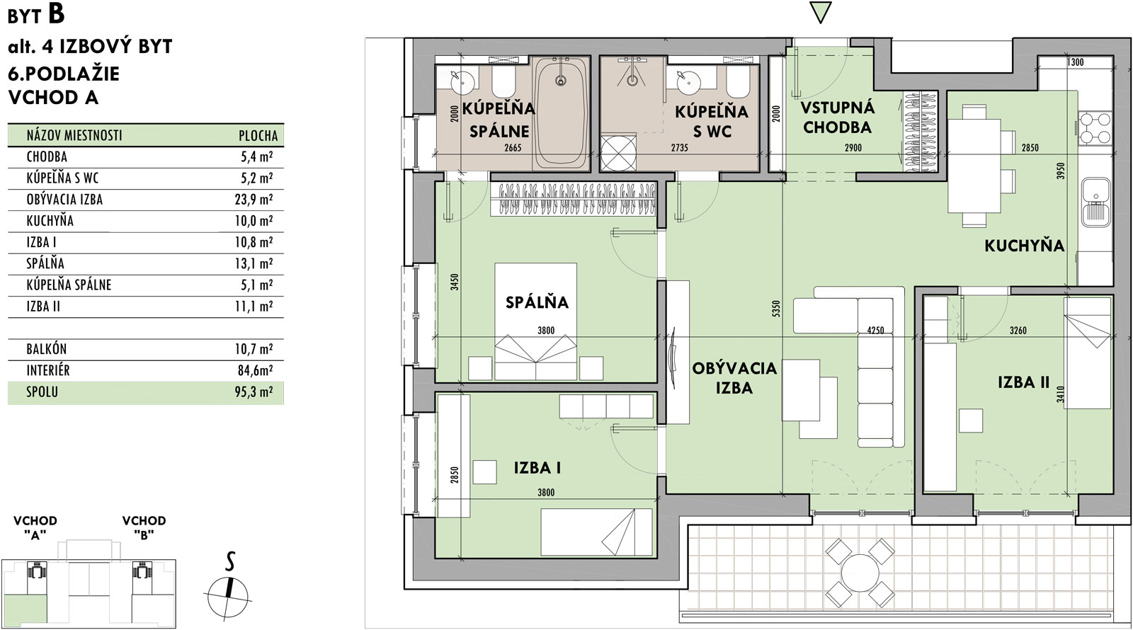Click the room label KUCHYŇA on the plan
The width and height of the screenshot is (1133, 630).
click(x=1024, y=246)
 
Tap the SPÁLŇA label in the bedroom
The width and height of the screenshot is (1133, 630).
click(x=537, y=302)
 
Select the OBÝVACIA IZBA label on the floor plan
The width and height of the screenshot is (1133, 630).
click(x=734, y=378)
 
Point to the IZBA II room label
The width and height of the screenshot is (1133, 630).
click(x=1024, y=382)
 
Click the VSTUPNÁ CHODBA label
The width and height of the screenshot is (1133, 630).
click(x=837, y=118)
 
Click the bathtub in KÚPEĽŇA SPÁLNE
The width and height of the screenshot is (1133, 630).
click(x=560, y=114)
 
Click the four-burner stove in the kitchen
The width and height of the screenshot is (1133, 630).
click(x=1095, y=128)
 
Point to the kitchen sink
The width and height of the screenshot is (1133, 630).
click(x=1096, y=202)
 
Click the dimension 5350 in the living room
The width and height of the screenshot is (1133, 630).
click(x=776, y=309)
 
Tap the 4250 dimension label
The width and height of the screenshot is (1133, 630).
click(x=875, y=330)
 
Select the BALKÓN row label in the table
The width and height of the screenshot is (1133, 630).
click(x=47, y=349)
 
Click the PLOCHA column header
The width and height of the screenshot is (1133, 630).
click(x=258, y=135)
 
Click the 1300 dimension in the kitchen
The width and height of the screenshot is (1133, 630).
click(x=1076, y=63)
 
